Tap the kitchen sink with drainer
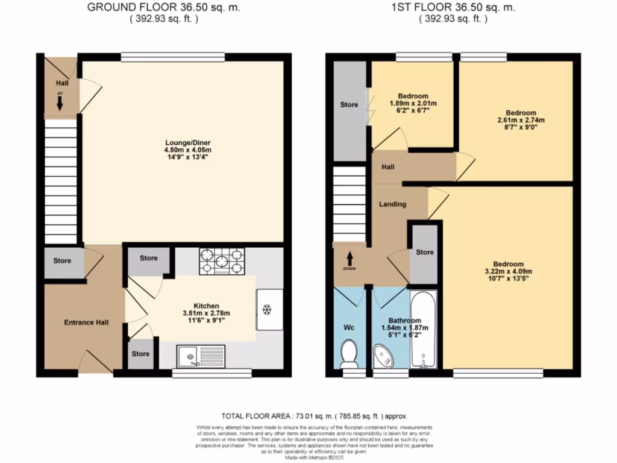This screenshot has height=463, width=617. pos(201,356)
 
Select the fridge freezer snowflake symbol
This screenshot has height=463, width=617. pos(266,310)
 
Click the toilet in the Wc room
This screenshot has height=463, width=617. pos(348,354)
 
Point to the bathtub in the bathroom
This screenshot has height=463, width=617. pos(425,330)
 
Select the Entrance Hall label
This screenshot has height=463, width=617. pos(86,323)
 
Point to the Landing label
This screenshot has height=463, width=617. pos(392,204)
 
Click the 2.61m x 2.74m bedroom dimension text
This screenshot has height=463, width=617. pos(521,120)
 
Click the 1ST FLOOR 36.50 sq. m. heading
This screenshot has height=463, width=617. pos(453,8)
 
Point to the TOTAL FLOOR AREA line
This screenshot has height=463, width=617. pos(315,416)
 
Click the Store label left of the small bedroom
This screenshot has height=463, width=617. pos(349,104)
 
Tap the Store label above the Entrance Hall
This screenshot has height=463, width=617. pos(62,261)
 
